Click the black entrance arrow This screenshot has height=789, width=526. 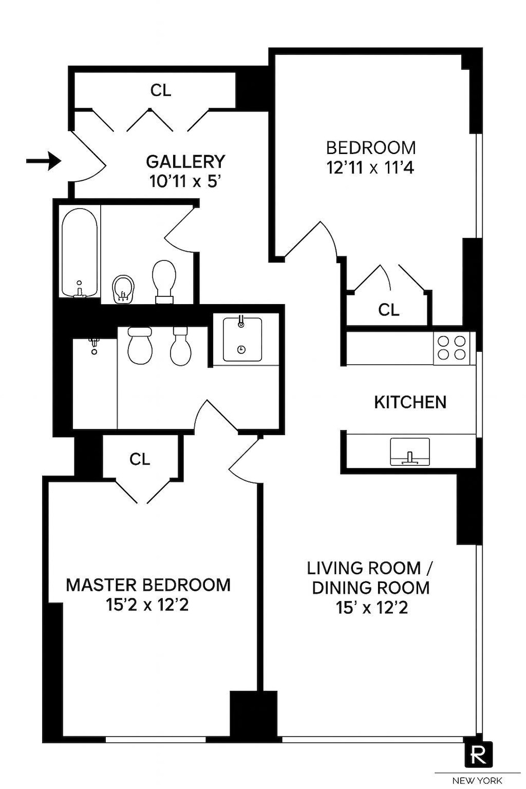point(43,161)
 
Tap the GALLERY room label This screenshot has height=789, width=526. point(185,162)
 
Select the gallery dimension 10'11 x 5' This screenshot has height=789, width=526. point(185,181)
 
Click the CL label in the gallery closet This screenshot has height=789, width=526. point(161,90)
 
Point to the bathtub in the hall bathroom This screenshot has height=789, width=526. point(79,253)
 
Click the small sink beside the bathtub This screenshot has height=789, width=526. point(123,289)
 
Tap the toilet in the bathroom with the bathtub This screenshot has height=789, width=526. point(164,280)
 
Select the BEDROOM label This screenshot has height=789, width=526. point(371,147)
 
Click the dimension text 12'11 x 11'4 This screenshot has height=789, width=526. point(371,167)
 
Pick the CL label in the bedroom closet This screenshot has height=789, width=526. point(389,310)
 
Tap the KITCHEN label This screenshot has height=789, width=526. point(410,402)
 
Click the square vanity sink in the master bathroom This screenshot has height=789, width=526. point(241,339)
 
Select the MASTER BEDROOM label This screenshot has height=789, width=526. point(148,585)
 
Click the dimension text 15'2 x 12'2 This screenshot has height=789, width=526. point(148,605)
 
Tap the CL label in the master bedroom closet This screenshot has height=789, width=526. point(140,459)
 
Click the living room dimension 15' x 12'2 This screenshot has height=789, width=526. point(372,608)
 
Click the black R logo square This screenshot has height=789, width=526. point(478,754)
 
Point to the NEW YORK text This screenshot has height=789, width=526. point(478,780)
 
